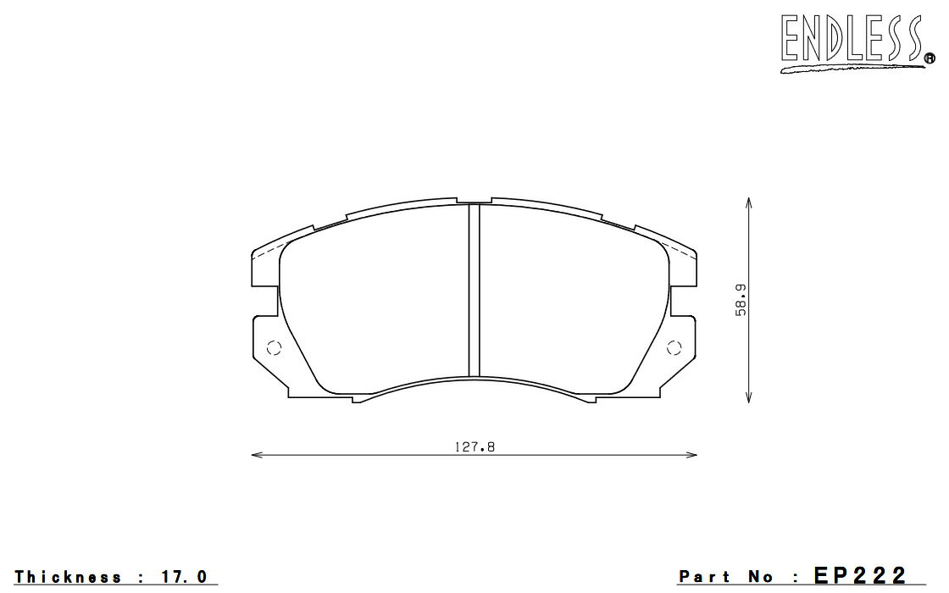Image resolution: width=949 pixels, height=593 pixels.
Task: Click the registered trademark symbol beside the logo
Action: pyautogui.click(x=930, y=58)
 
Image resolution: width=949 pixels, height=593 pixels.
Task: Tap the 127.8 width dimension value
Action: pyautogui.click(x=474, y=447)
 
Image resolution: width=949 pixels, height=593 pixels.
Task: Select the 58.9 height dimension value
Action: pyautogui.click(x=741, y=300)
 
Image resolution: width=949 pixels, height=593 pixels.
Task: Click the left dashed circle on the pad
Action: pyautogui.click(x=275, y=348)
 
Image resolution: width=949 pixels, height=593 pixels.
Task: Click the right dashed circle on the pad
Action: pyautogui.click(x=674, y=348)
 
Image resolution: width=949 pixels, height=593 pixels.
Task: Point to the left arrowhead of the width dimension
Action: pyautogui.click(x=257, y=454)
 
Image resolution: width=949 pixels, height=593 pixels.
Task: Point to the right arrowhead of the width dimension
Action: pyautogui.click(x=691, y=454)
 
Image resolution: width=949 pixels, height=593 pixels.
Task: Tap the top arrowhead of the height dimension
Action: pyautogui.click(x=749, y=202)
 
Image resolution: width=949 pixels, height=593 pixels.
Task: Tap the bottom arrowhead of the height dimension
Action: pyautogui.click(x=749, y=397)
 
